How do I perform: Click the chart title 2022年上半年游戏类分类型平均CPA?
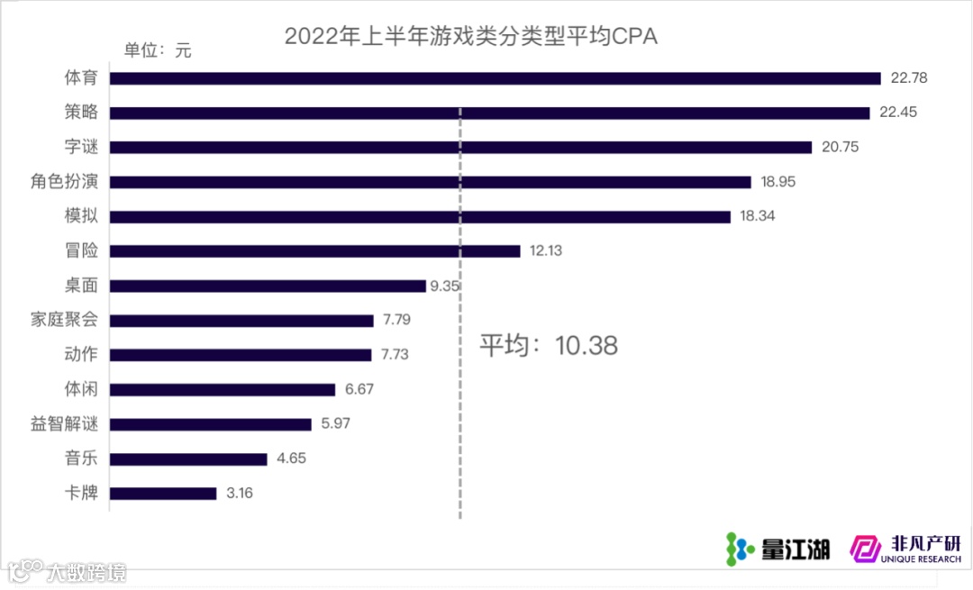470,37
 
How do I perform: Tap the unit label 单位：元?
158,50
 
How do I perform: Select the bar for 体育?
495,78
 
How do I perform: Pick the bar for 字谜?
460,148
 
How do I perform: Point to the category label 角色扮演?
64,182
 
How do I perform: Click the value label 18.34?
757,217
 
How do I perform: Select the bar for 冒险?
314,251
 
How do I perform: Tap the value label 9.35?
446,286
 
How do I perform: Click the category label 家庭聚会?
64,321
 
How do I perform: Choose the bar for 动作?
241,355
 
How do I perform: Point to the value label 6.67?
359,390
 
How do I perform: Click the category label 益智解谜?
64,424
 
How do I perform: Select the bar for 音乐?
188,459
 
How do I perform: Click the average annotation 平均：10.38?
548,346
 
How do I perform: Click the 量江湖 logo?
778,547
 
